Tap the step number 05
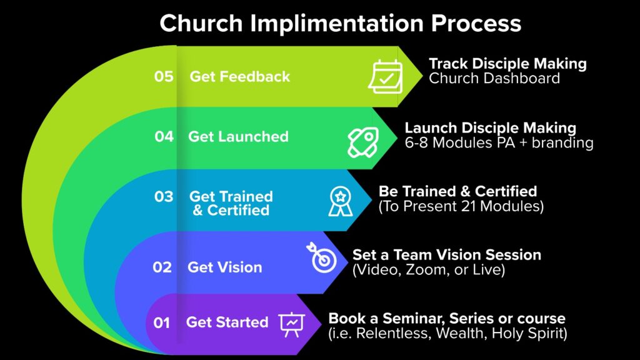[164, 76]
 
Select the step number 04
[164, 136]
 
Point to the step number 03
[164, 197]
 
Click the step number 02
[162, 267]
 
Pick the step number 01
[162, 323]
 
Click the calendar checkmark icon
[386, 76]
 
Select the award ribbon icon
[341, 201]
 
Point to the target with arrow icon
[322, 257]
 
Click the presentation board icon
[292, 324]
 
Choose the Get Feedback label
[240, 76]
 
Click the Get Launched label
[238, 136]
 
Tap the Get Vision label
[225, 267]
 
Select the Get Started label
[227, 322]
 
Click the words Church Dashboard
[494, 78]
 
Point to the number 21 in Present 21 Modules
[469, 206]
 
